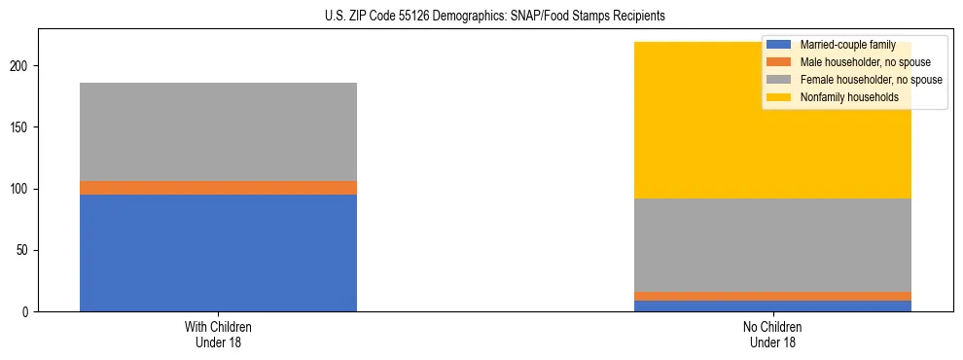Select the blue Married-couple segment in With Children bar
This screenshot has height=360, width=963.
click(218, 253)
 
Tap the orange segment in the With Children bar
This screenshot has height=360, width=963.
click(218, 188)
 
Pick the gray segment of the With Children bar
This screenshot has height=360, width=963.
click(218, 131)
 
